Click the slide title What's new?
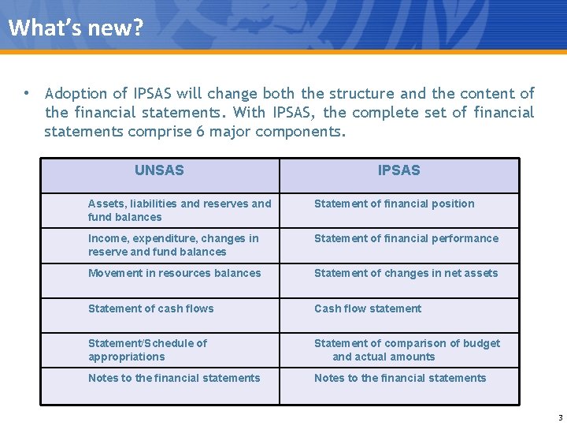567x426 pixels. tap(76, 28)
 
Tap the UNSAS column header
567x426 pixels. tap(159, 170)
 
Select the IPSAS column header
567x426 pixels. tap(398, 170)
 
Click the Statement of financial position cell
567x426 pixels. tap(394, 204)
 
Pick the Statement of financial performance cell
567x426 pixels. tap(406, 238)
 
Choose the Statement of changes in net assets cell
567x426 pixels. tap(406, 273)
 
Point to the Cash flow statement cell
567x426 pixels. tap(368, 308)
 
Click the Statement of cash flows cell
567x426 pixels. tap(150, 308)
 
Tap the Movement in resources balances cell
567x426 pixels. tap(174, 273)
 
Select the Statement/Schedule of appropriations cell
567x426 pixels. tap(147, 349)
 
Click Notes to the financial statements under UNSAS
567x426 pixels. tap(174, 378)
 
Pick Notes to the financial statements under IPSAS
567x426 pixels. tap(400, 378)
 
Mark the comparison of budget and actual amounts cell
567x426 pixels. tap(406, 349)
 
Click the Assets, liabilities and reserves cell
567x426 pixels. tap(179, 210)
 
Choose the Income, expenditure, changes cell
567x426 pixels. tap(173, 245)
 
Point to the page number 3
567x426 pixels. tap(560, 418)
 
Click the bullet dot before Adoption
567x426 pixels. tap(27, 93)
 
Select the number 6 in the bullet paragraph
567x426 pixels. tap(201, 132)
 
